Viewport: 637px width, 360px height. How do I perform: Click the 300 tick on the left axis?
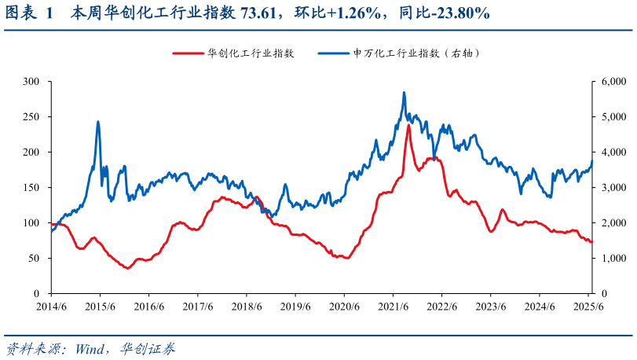tap(31, 81)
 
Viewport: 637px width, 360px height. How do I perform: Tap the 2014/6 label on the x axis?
tap(51, 307)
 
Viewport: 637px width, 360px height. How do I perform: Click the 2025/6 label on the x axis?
tap(589, 307)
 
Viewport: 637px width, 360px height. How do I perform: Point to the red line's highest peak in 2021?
tap(408, 125)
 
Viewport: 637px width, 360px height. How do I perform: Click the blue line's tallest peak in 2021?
tap(404, 93)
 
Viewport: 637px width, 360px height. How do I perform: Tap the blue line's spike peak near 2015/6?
tap(98, 122)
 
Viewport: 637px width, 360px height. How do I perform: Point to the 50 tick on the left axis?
tap(34, 258)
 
